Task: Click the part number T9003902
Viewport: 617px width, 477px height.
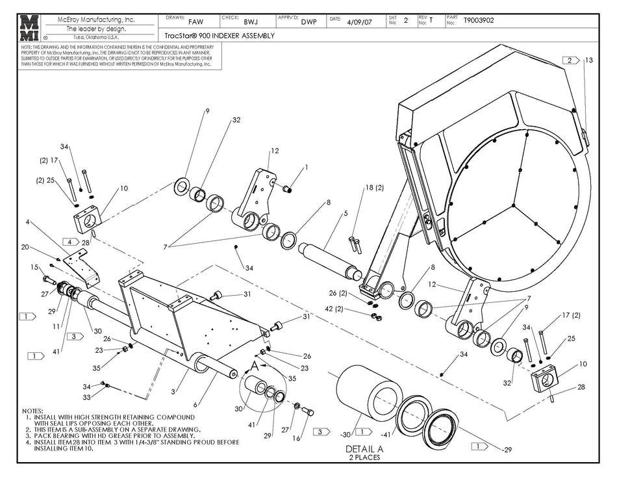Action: (x=479, y=21)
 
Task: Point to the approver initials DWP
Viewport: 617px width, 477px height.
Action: (x=308, y=21)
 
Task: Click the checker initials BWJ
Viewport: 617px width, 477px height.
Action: (x=250, y=21)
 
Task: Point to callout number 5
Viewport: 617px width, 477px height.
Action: (x=346, y=213)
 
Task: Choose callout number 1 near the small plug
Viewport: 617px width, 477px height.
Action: (x=307, y=167)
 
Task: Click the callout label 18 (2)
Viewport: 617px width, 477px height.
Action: (x=374, y=187)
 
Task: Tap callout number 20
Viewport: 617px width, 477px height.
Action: (x=25, y=247)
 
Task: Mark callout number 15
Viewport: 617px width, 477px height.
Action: (x=35, y=267)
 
